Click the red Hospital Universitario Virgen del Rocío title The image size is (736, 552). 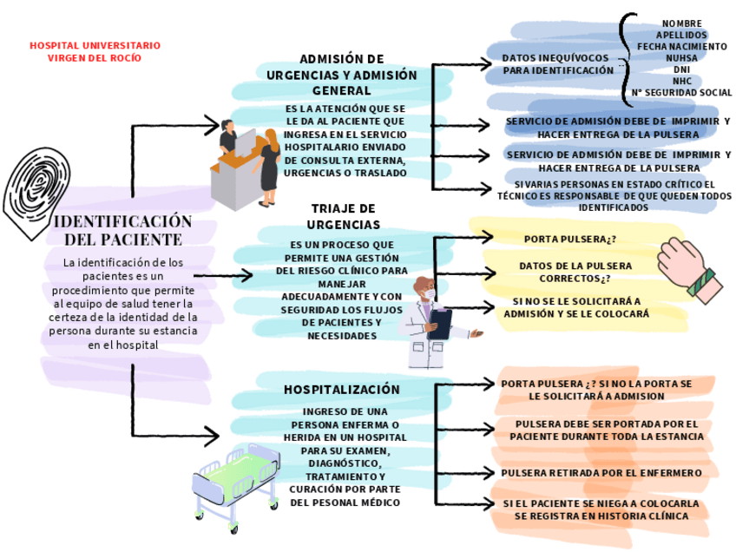click(95, 51)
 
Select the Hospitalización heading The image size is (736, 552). click(342, 390)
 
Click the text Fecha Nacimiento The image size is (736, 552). click(681, 46)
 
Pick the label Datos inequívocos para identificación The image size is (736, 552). click(558, 63)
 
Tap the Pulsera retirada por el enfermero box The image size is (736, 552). click(601, 473)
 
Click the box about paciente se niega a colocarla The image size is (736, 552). click(601, 509)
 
